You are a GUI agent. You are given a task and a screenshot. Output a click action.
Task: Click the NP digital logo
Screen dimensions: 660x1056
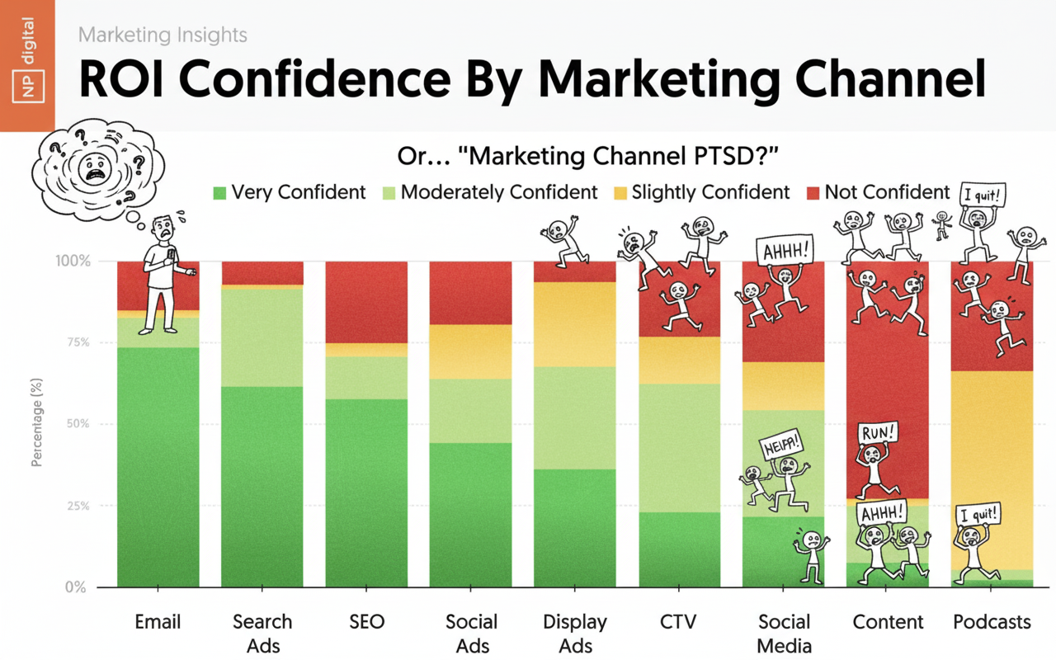point(26,65)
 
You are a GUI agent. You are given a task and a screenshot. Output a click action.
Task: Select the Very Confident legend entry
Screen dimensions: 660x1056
point(289,193)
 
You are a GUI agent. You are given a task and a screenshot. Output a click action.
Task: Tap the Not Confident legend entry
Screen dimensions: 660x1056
point(878,193)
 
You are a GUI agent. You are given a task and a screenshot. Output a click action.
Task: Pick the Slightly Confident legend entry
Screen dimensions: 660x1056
point(700,193)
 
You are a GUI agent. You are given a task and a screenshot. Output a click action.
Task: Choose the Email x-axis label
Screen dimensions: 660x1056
point(158,622)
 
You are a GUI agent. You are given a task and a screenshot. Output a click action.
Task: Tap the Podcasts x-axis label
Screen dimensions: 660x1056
point(992,622)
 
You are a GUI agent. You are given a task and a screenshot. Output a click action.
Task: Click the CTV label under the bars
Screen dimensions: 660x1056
point(680,622)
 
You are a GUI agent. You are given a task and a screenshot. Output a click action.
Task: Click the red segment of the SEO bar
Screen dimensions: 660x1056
point(366,301)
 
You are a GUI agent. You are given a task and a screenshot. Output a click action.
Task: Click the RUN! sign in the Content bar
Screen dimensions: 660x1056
point(878,433)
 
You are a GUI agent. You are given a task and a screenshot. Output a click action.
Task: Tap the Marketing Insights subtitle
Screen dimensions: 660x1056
point(163,35)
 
